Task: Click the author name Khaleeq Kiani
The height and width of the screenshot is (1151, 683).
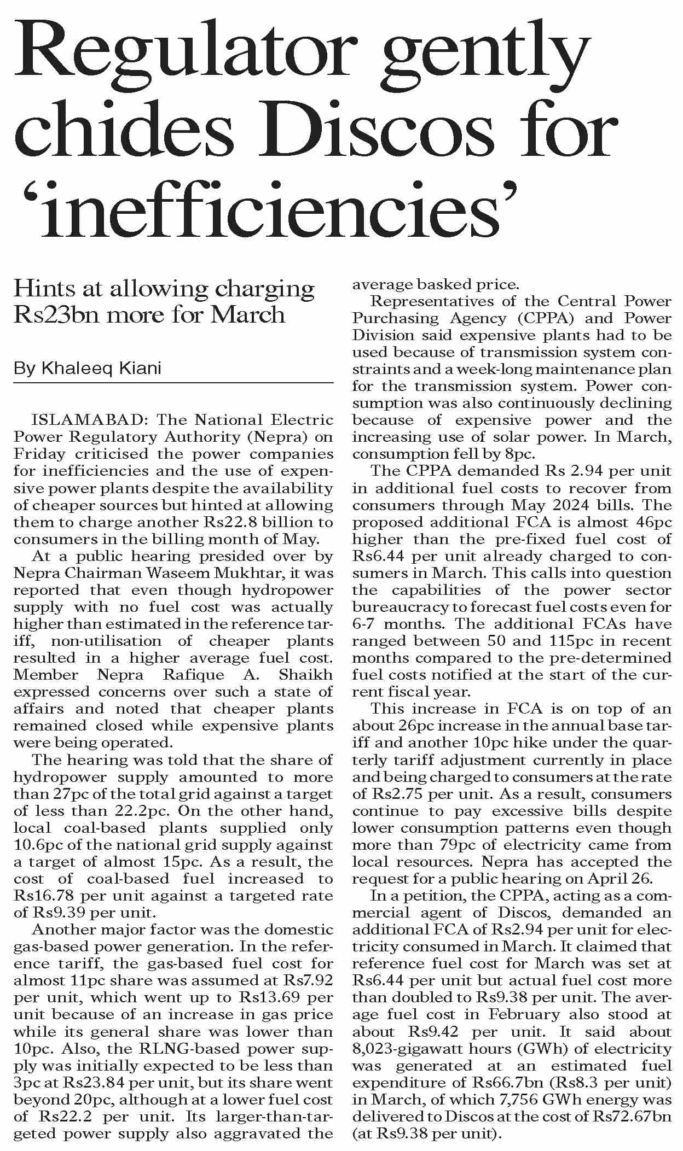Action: (x=101, y=369)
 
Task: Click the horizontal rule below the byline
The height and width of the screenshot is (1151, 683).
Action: (x=173, y=383)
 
